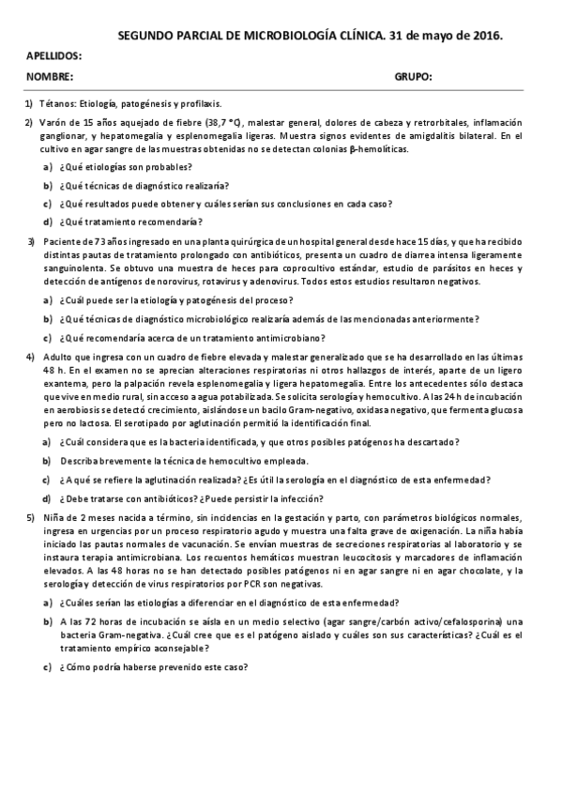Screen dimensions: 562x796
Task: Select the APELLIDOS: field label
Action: tap(53, 56)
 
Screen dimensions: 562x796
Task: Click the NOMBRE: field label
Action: tap(49, 77)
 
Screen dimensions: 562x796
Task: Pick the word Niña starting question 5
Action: tap(50, 517)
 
